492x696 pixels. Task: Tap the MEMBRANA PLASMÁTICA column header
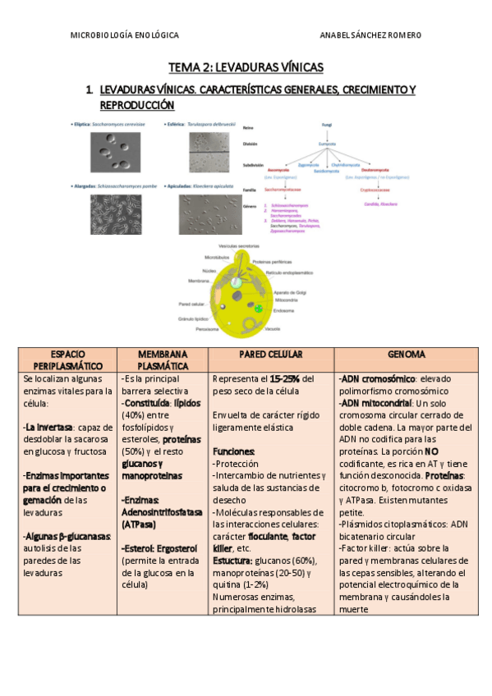[x=163, y=359]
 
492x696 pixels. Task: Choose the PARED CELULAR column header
[x=271, y=354]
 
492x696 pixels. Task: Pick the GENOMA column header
[x=407, y=354]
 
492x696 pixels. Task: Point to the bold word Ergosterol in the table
[x=173, y=548]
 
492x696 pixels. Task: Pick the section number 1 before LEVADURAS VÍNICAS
[x=88, y=89]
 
